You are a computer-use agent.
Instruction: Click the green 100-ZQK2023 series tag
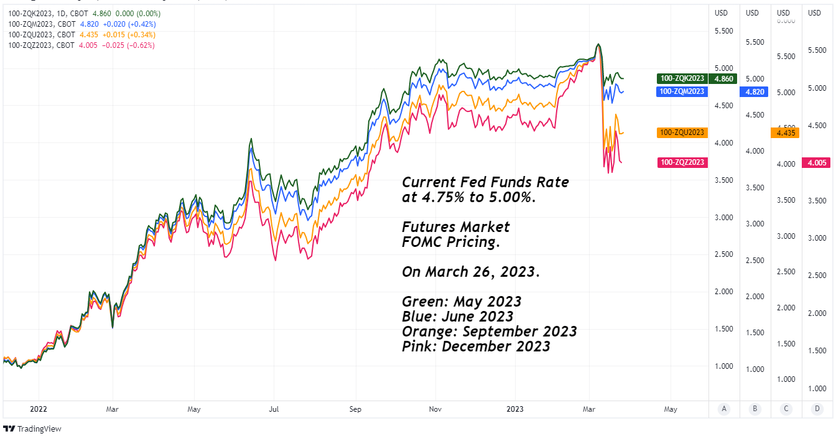[683, 78]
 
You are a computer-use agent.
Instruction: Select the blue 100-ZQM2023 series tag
[680, 91]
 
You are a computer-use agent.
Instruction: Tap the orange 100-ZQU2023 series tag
[683, 132]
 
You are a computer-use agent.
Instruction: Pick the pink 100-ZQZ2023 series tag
[683, 162]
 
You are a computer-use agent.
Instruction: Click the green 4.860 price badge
[724, 78]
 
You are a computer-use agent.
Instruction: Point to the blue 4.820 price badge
[755, 91]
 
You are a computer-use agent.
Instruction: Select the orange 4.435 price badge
[785, 132]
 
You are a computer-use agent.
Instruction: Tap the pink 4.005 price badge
[815, 163]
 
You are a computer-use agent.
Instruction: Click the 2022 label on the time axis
[39, 409]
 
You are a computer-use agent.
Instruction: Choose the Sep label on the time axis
[355, 409]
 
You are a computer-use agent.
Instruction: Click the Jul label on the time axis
[274, 409]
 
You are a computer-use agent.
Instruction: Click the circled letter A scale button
[723, 409]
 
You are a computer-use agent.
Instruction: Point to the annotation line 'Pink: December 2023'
[476, 346]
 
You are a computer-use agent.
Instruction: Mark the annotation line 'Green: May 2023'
[462, 302]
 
